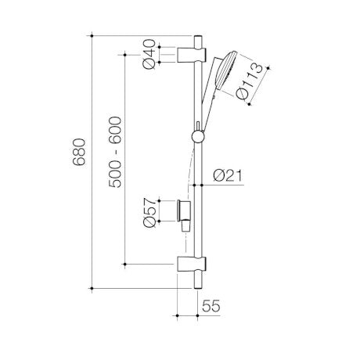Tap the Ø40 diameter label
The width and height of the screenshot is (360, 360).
point(148,55)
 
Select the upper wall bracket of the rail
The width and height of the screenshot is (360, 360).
point(191,55)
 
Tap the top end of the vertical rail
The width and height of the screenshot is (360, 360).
point(198,37)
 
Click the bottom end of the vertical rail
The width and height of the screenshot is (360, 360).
point(198,285)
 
